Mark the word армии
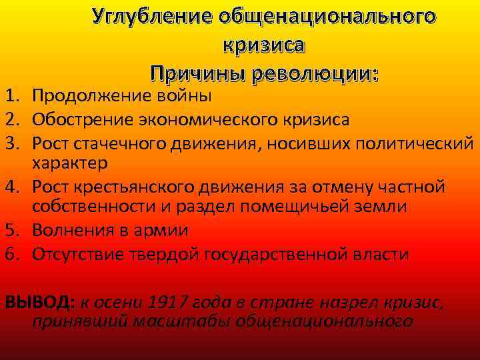(163, 231)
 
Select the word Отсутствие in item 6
(81, 254)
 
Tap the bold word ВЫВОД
(39, 301)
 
